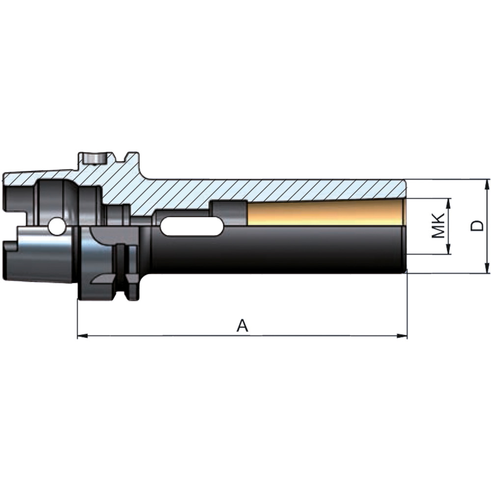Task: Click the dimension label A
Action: pos(242,326)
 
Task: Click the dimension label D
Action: pos(477,225)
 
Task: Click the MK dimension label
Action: pos(438,226)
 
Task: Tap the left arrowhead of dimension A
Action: pos(82,336)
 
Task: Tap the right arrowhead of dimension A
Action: pos(402,336)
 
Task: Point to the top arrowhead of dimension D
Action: pos(487,185)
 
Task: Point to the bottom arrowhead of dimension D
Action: pos(487,268)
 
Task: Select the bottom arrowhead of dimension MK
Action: pos(449,249)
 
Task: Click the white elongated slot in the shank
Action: pos(192,226)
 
